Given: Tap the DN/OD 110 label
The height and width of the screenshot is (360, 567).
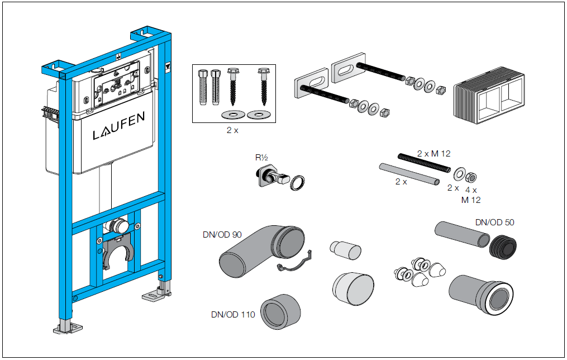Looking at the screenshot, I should tap(233, 315).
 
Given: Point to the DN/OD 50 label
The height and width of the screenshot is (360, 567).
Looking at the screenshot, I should tap(494, 222).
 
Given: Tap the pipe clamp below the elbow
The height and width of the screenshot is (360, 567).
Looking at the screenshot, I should tap(293, 265).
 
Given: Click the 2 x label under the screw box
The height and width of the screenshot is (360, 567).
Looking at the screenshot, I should tap(232, 130).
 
